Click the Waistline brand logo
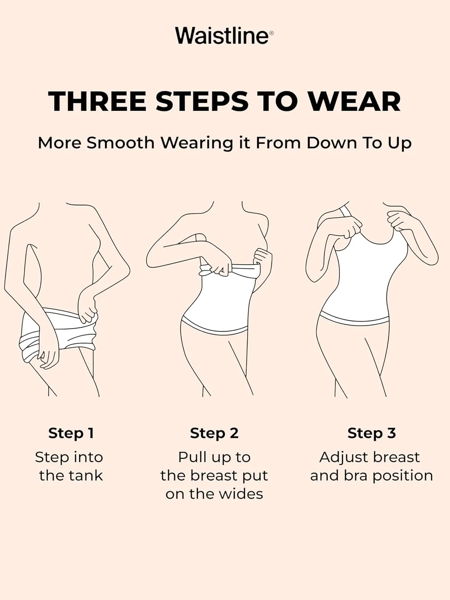pos(224,36)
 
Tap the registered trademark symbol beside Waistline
pos(271,33)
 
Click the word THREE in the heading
pos(97,102)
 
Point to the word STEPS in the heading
pos(202,102)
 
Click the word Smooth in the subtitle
pos(120,143)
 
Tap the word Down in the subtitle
pos(332,143)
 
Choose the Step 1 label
pos(71,433)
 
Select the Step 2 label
pos(214,433)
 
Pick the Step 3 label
pos(372,433)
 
